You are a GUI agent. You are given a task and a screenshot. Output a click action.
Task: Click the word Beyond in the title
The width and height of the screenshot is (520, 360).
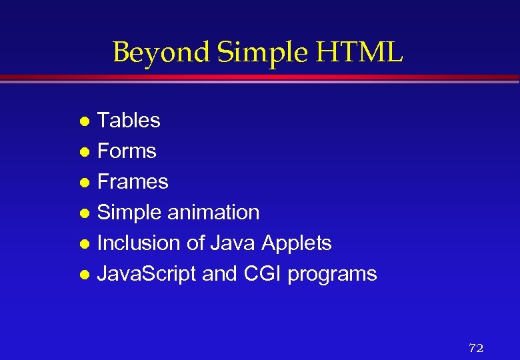click(x=150, y=52)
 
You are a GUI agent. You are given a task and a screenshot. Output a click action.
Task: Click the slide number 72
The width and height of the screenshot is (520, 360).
click(x=476, y=348)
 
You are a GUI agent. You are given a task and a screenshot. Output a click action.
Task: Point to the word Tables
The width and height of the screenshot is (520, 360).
click(x=129, y=121)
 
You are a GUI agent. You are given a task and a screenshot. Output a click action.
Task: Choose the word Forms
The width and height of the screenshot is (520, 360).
click(x=127, y=151)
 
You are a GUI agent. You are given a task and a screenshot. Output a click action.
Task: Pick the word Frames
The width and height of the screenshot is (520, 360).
click(x=133, y=182)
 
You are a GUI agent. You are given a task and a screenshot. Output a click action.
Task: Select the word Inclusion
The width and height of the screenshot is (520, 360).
click(x=139, y=243)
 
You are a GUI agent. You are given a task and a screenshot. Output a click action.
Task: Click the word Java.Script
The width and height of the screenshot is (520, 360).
click(x=147, y=274)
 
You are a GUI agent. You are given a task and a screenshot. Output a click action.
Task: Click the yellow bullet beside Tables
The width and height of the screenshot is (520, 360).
click(x=84, y=122)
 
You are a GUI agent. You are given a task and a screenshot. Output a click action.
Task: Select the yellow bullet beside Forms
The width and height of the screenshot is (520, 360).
click(x=84, y=153)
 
